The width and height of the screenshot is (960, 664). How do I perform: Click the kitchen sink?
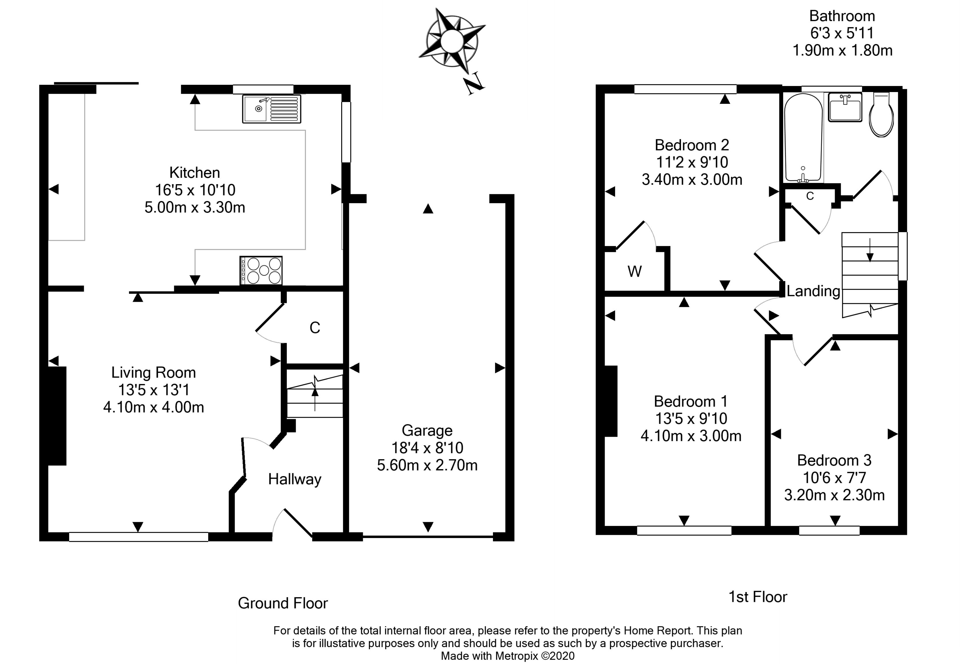pyautogui.click(x=272, y=109)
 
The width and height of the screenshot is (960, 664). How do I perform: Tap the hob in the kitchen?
pyautogui.click(x=261, y=270)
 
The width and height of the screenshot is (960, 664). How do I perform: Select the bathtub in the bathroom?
pyautogui.click(x=803, y=138)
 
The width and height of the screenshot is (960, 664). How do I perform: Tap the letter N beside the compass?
pyautogui.click(x=474, y=84)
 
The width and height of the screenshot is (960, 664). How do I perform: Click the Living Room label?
pyautogui.click(x=153, y=372)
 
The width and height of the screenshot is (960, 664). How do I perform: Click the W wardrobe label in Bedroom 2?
pyautogui.click(x=634, y=272)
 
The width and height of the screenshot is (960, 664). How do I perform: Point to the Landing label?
pyautogui.click(x=813, y=291)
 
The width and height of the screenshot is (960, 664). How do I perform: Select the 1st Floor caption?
pyautogui.click(x=758, y=597)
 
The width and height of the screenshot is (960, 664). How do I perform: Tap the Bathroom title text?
pyautogui.click(x=842, y=16)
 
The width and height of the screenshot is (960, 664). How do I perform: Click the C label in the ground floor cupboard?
pyautogui.click(x=315, y=328)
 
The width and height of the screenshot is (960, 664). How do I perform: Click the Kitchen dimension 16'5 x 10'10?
pyautogui.click(x=195, y=190)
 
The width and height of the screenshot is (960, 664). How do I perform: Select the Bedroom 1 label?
pyautogui.click(x=691, y=402)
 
